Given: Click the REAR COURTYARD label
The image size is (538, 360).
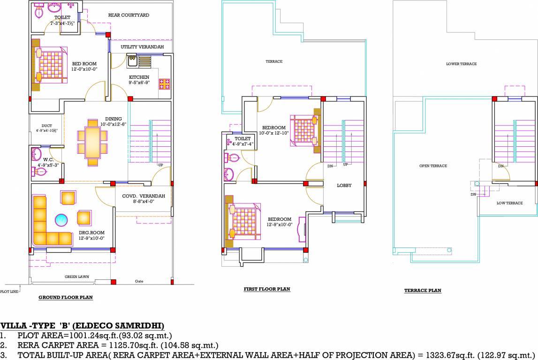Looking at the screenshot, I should click(x=129, y=15).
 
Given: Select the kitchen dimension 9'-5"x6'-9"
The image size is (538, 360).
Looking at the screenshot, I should click(x=139, y=82).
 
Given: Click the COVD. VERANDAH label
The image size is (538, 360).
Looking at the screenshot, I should click(x=144, y=196).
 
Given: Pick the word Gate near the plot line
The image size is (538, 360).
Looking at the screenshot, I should click(x=139, y=281).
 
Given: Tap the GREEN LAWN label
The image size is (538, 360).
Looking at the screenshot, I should click(x=77, y=277).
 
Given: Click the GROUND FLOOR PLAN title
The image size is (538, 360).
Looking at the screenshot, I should click(x=65, y=297).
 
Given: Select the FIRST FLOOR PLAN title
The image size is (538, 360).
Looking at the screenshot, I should click(x=266, y=289).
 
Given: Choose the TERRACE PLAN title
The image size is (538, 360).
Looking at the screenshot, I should click(x=423, y=291).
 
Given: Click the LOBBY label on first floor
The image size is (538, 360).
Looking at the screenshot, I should click(x=344, y=186).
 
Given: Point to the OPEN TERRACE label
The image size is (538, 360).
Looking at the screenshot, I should click(x=433, y=166).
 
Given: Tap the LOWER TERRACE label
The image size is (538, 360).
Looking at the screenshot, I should click(x=461, y=64).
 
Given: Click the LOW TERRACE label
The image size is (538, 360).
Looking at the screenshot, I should click(x=509, y=203).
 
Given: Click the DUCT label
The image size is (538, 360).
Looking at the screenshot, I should click(x=46, y=126).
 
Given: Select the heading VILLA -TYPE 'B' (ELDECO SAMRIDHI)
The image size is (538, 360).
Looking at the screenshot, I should click(x=82, y=326).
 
